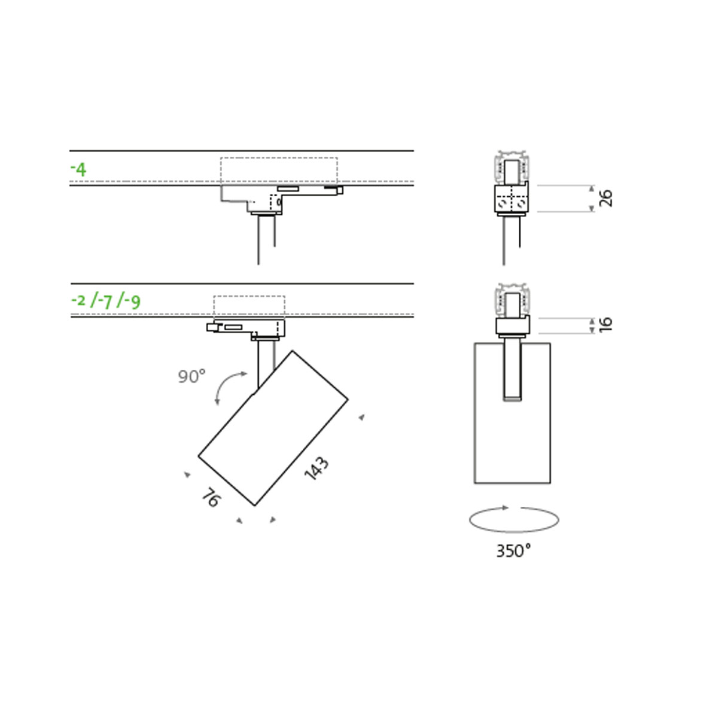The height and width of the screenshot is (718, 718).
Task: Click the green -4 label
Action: click(x=78, y=169)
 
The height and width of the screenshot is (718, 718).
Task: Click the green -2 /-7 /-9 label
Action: click(x=106, y=302)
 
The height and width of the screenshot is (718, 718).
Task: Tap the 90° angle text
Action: click(x=191, y=377)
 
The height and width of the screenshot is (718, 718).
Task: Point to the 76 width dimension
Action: click(x=211, y=497)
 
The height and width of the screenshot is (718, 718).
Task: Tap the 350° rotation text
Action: click(x=513, y=550)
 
